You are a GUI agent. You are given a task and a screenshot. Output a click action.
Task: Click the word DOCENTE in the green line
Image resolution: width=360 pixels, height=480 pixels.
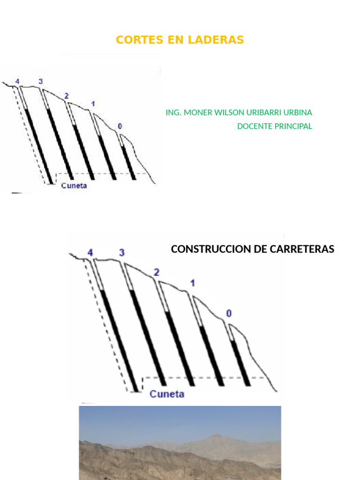tap(254, 126)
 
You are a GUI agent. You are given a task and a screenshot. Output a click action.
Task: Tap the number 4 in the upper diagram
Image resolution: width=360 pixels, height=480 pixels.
tap(17, 82)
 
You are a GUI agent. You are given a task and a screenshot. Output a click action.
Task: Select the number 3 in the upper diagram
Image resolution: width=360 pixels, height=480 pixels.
tap(41, 82)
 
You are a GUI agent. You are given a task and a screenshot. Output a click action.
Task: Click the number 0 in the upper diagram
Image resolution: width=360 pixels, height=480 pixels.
tap(120, 126)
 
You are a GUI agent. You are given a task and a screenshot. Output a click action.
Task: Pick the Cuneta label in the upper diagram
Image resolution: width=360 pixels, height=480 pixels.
tap(74, 186)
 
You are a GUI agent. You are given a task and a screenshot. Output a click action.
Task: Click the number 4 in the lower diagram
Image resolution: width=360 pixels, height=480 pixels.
tap(90, 253)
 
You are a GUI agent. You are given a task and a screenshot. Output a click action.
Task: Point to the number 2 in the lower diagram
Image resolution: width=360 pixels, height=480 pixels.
tap(157, 272)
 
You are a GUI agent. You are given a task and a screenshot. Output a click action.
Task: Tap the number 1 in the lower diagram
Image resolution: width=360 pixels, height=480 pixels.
tap(192, 283)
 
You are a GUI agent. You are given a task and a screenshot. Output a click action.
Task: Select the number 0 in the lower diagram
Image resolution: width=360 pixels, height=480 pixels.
tap(229, 314)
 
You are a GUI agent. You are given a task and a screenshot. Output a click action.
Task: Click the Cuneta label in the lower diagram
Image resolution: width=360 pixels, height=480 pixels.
tap(167, 394)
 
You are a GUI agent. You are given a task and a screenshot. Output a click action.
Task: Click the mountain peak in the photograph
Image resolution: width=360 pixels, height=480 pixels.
tap(217, 435)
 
